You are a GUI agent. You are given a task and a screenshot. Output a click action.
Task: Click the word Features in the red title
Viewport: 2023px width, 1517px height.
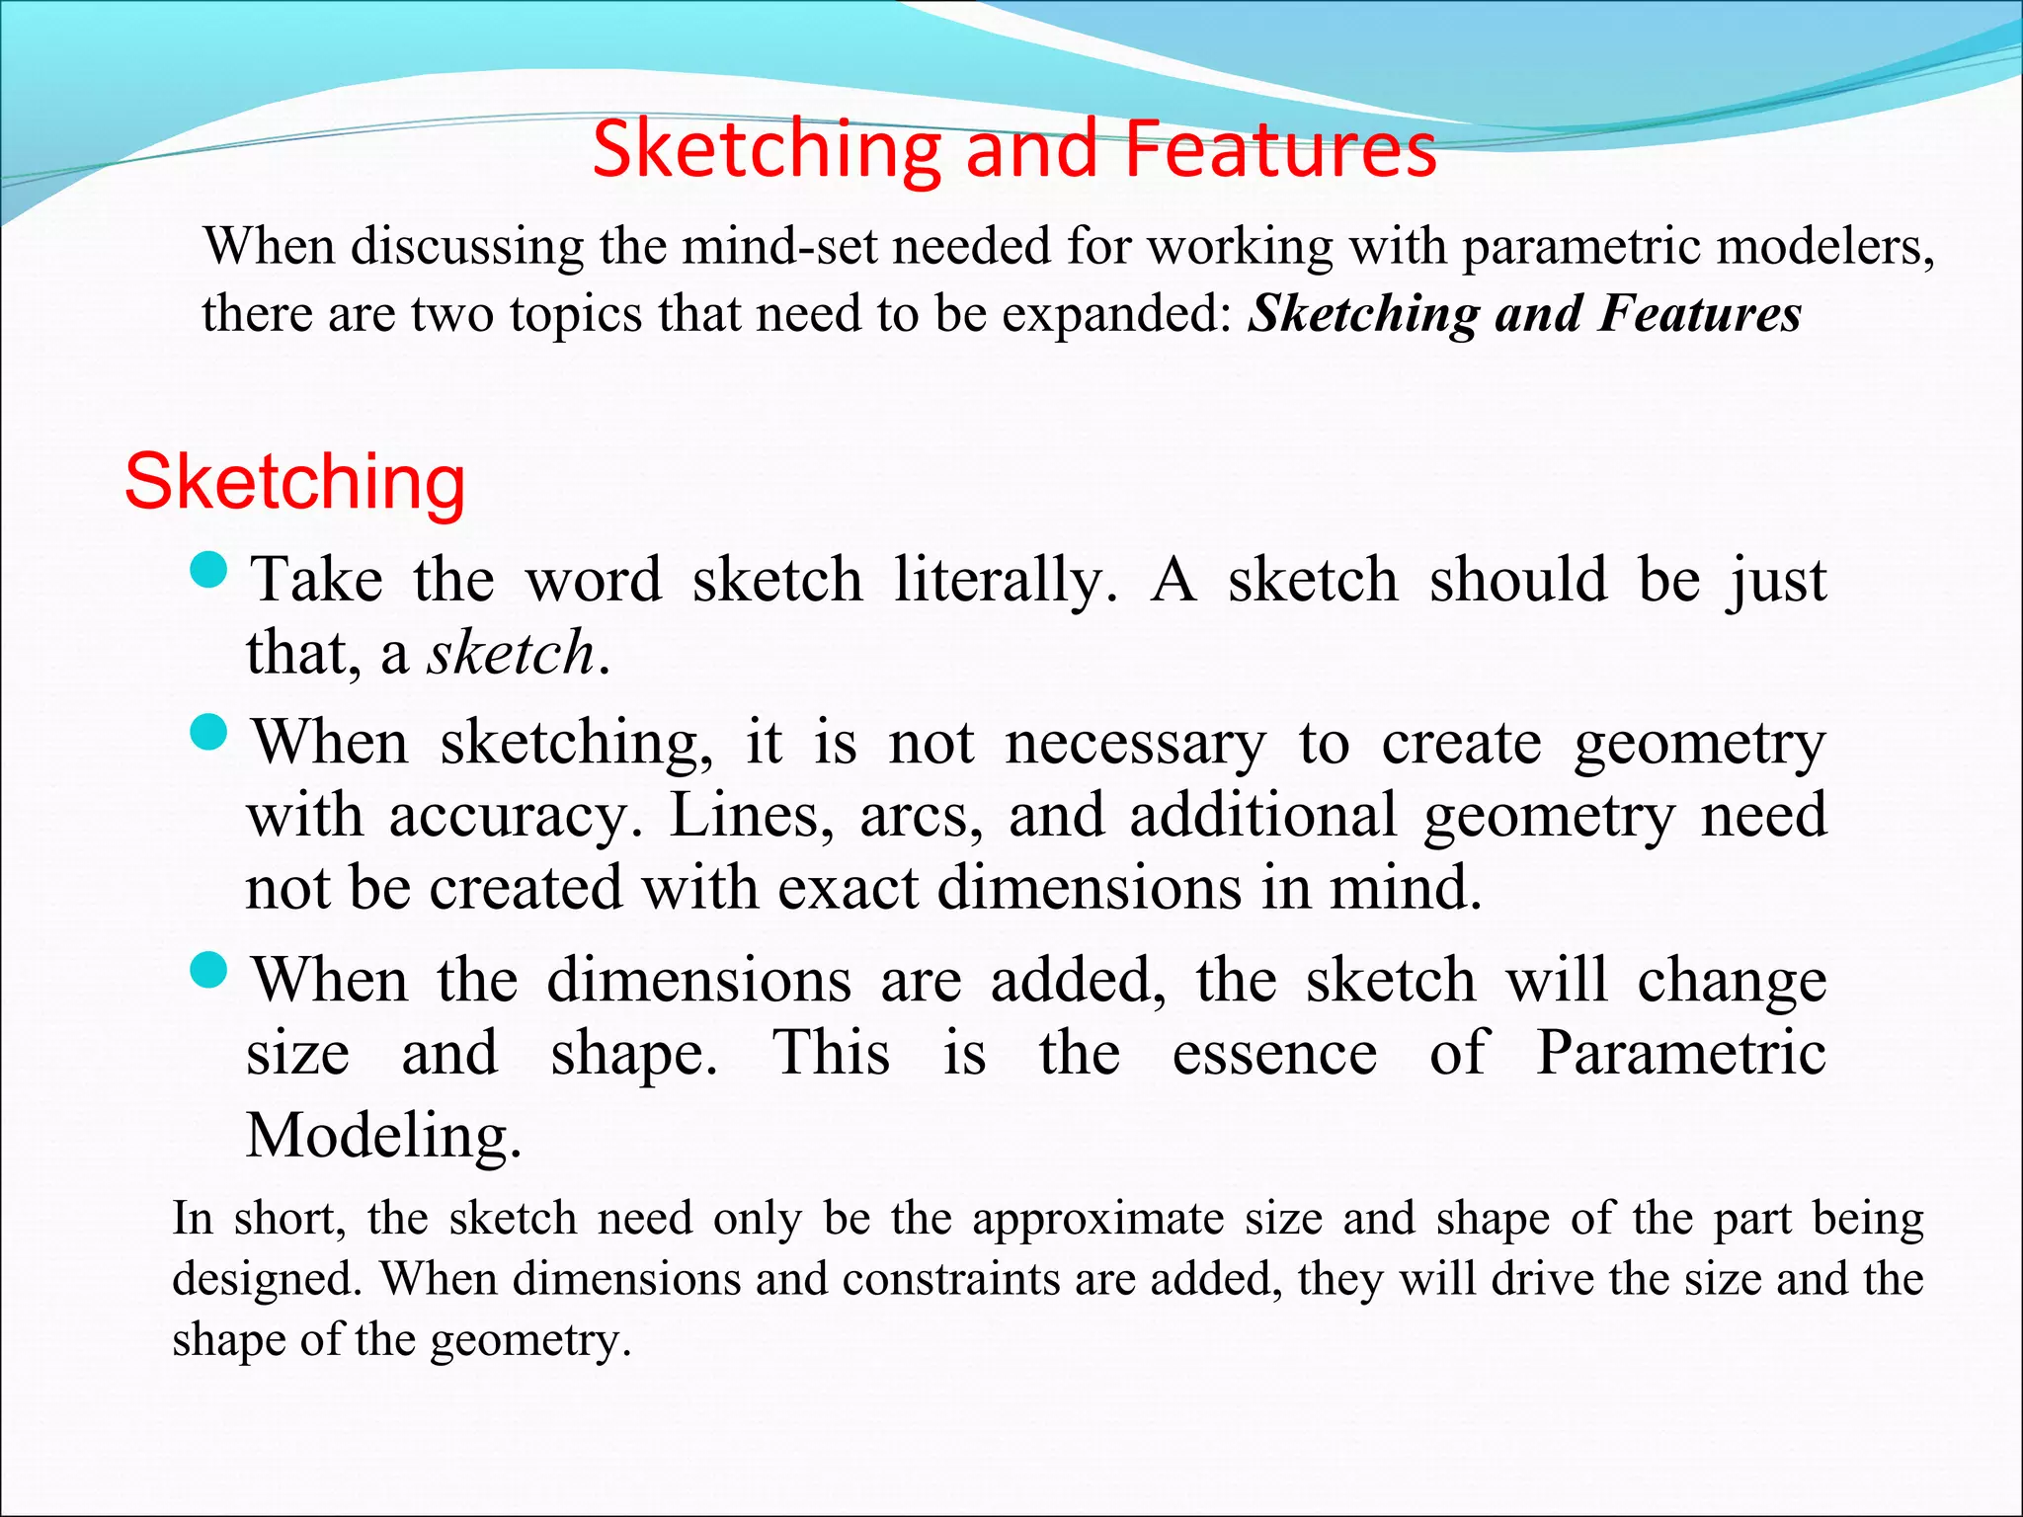tap(1280, 149)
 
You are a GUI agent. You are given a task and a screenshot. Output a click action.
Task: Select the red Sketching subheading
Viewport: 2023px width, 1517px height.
tap(294, 482)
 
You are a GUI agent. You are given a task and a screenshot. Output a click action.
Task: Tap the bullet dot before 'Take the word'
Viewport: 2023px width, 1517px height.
tap(208, 570)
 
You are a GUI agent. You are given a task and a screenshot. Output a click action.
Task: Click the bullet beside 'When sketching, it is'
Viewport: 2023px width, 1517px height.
tap(208, 733)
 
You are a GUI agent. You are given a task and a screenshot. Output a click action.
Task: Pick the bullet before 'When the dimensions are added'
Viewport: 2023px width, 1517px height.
tap(208, 971)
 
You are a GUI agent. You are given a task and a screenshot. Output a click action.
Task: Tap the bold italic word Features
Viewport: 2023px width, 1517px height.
tap(1699, 314)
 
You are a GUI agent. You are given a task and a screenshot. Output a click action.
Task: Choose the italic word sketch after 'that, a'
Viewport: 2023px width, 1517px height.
tap(511, 653)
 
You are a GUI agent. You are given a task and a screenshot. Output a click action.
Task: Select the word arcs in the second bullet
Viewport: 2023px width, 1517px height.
tap(921, 816)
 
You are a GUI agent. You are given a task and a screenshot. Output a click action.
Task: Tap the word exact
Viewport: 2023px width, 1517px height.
tap(849, 888)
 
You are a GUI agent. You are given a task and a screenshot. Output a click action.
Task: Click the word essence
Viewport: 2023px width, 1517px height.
tap(1274, 1053)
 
